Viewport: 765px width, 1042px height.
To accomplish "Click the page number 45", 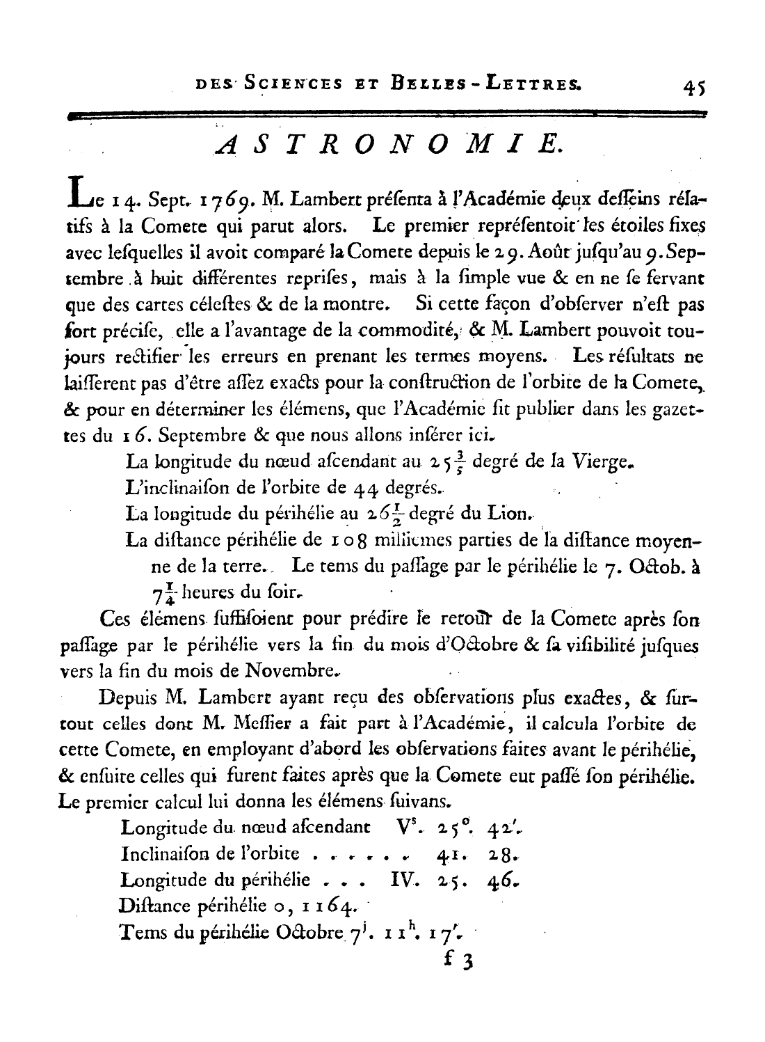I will click(x=695, y=88).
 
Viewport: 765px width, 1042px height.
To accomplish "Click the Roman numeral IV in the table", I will click(x=403, y=880).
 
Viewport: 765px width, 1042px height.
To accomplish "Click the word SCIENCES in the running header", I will click(x=286, y=84).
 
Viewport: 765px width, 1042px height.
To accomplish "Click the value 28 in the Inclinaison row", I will click(x=501, y=854).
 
